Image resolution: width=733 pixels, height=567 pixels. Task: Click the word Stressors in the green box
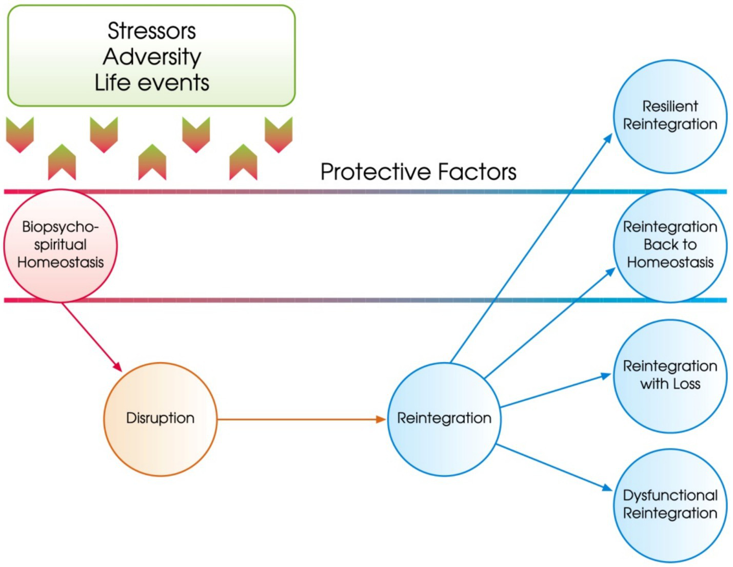click(151, 31)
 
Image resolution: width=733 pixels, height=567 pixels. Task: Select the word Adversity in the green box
click(151, 56)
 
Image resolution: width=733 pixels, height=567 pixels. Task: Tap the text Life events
click(151, 83)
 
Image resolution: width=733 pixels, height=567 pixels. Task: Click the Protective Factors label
click(418, 172)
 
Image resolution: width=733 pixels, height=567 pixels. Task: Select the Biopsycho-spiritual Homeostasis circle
click(61, 245)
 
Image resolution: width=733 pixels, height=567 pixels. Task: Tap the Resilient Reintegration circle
click(670, 116)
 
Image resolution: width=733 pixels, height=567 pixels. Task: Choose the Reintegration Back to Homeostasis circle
click(670, 245)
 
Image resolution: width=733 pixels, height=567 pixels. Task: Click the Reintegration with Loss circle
click(670, 376)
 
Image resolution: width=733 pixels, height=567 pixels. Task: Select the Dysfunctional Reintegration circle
click(670, 505)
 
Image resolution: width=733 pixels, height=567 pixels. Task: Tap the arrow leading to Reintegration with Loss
click(554, 391)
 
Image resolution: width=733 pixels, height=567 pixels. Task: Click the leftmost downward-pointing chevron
click(20, 134)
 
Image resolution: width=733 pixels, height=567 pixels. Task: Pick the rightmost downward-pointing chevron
click(279, 134)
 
